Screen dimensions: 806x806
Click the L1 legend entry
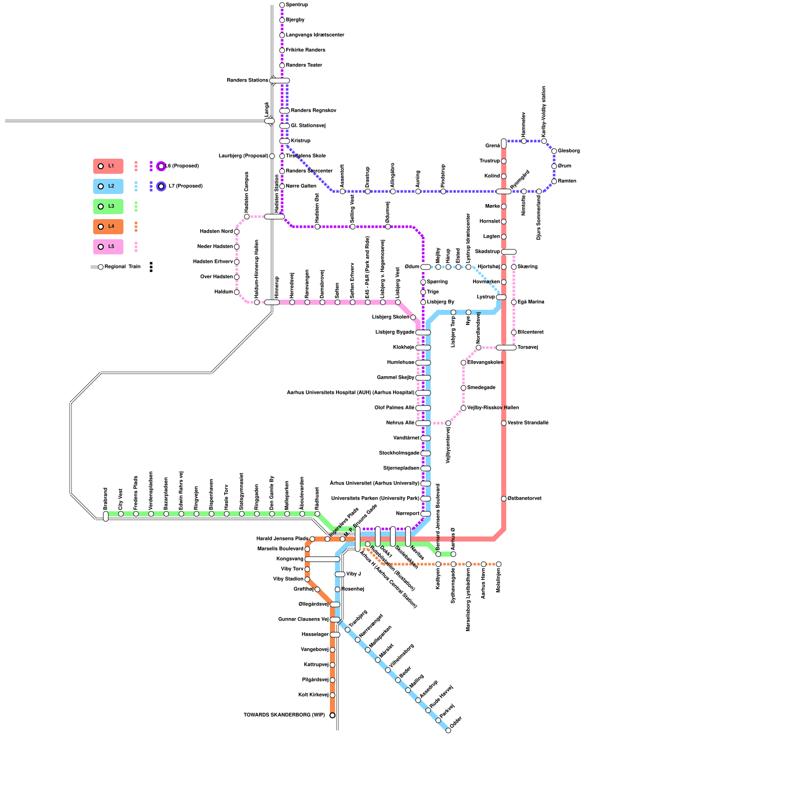(x=108, y=166)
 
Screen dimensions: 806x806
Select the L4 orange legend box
(x=108, y=227)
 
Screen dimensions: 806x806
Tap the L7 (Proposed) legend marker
(x=161, y=186)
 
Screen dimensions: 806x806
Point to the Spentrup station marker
(x=282, y=5)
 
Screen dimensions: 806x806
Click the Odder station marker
(x=448, y=730)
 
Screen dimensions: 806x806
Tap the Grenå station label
(x=492, y=146)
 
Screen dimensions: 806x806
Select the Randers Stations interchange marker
(x=280, y=81)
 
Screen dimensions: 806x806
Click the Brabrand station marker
(x=106, y=516)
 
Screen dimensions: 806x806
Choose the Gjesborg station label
(x=569, y=151)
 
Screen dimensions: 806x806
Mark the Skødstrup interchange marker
(x=509, y=252)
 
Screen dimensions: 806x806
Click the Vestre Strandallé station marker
(x=504, y=423)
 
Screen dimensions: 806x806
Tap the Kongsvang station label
(x=290, y=559)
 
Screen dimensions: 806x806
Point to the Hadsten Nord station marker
(x=237, y=232)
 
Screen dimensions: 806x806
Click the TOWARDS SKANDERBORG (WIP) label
(x=284, y=715)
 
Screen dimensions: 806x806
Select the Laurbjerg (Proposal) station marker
(x=272, y=156)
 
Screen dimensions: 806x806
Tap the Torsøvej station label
(x=527, y=348)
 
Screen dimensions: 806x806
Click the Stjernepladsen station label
(x=401, y=468)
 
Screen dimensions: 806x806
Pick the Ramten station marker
(x=554, y=181)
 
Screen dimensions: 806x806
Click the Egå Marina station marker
(x=514, y=302)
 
